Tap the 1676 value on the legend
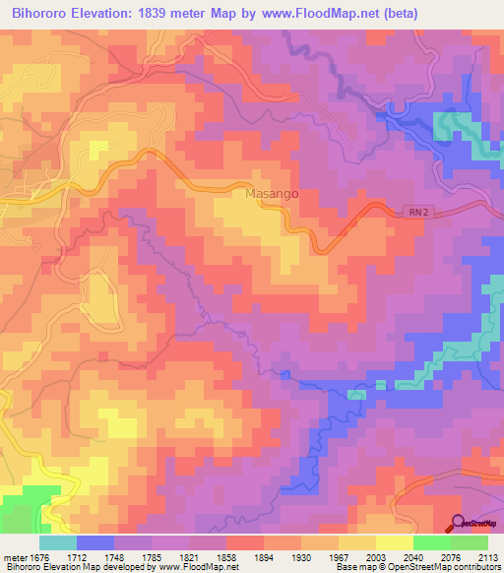click(x=39, y=557)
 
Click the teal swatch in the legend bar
click(x=57, y=542)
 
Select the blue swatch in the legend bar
click(x=94, y=542)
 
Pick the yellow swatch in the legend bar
click(x=394, y=542)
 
